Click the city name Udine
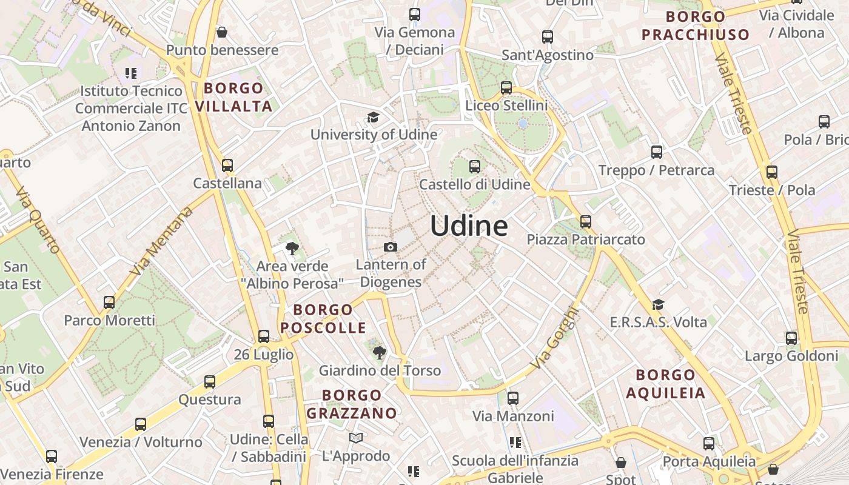(x=469, y=226)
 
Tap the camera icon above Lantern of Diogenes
(x=391, y=247)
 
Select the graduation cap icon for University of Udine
(x=372, y=116)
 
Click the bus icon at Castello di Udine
(x=475, y=166)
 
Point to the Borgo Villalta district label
(x=233, y=97)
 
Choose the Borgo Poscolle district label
(x=323, y=319)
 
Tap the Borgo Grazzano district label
(x=352, y=404)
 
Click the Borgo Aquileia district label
(x=666, y=384)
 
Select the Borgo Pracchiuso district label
(x=696, y=25)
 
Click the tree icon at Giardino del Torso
(x=379, y=352)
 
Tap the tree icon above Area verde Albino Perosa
(x=292, y=248)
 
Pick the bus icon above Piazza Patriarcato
(x=585, y=222)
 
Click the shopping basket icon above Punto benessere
(x=222, y=32)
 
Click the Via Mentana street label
(x=161, y=241)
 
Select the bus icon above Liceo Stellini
(x=506, y=88)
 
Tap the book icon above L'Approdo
(x=356, y=438)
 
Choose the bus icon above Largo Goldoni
(x=791, y=338)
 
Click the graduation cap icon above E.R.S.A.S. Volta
(x=658, y=304)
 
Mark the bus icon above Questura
(x=210, y=382)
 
